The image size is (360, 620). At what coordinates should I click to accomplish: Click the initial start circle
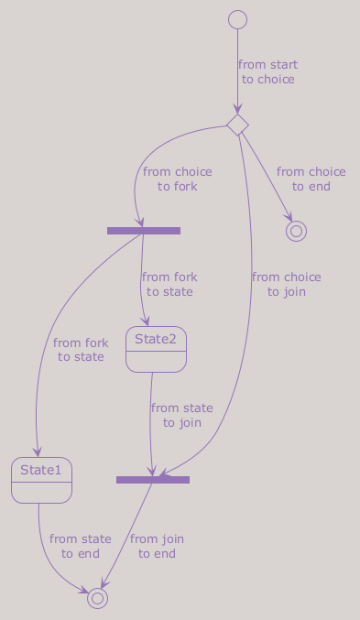click(x=238, y=20)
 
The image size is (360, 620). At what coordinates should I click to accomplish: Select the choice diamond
click(x=238, y=125)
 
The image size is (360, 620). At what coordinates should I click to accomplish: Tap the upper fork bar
click(x=144, y=231)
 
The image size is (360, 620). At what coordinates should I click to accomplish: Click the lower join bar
click(x=153, y=480)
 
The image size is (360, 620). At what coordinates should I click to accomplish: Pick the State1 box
click(x=41, y=481)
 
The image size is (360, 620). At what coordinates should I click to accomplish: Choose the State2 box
click(x=156, y=349)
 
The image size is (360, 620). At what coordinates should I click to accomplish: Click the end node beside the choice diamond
click(x=296, y=232)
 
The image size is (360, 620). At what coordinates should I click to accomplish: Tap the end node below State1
click(x=97, y=598)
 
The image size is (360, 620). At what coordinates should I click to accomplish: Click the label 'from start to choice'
click(x=267, y=72)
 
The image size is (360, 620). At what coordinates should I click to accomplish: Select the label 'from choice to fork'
click(x=177, y=179)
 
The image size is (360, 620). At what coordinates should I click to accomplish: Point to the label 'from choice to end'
click(x=311, y=179)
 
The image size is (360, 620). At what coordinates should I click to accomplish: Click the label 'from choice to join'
click(x=287, y=284)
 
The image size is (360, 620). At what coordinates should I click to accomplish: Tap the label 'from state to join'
click(x=182, y=415)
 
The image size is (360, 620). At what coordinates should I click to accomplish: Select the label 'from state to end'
click(x=81, y=546)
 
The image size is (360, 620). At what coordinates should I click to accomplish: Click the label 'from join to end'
click(x=157, y=546)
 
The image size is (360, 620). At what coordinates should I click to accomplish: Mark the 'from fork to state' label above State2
click(x=169, y=284)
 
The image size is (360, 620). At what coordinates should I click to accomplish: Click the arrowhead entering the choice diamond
click(x=237, y=109)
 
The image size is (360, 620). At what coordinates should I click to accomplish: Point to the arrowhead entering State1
click(x=38, y=452)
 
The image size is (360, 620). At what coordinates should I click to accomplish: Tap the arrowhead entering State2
click(x=146, y=321)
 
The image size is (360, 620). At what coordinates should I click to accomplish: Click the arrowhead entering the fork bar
click(x=139, y=223)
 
